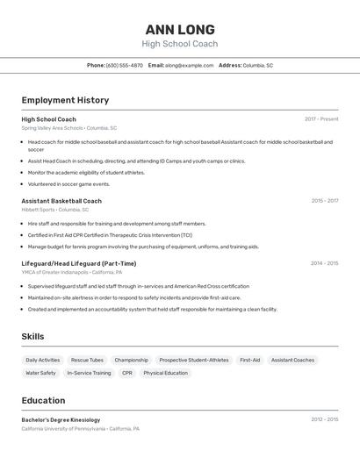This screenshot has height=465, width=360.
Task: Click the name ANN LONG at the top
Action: click(179, 29)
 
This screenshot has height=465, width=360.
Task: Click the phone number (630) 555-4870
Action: click(124, 65)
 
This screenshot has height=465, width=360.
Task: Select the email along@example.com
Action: click(190, 65)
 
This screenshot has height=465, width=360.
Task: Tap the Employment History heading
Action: click(65, 100)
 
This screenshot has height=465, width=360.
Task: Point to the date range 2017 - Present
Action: click(321, 119)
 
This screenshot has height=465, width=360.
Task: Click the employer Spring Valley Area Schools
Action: click(52, 128)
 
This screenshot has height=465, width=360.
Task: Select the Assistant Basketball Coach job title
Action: click(61, 201)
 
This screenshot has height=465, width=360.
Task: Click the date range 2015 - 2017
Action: click(324, 201)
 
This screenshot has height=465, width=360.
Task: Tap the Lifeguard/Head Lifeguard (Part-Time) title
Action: click(79, 263)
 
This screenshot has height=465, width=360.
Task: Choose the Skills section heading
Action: click(33, 336)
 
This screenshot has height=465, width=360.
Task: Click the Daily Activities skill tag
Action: click(43, 360)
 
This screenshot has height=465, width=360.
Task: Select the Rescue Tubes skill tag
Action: click(87, 360)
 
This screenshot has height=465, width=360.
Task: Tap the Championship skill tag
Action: click(131, 360)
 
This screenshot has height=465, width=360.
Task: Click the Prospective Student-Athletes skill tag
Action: click(194, 360)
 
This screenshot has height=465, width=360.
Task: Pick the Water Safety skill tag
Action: click(40, 373)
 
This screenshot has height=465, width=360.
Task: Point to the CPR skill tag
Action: click(127, 373)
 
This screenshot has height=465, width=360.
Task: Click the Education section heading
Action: click(43, 400)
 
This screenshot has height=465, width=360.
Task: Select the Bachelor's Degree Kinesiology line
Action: click(61, 420)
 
